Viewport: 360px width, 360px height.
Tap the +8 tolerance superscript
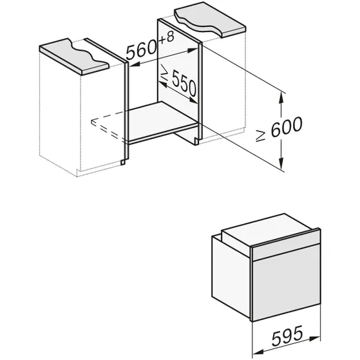click(x=166, y=37)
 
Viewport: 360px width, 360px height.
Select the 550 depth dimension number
click(x=184, y=82)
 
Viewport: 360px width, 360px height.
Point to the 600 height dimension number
click(x=287, y=127)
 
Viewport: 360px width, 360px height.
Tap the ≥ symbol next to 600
click(x=261, y=136)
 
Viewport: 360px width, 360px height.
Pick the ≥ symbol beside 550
click(x=165, y=71)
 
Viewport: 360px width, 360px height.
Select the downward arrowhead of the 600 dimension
click(x=281, y=163)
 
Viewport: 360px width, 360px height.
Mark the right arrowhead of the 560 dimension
click(x=193, y=50)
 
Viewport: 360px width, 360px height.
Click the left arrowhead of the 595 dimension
click(x=258, y=352)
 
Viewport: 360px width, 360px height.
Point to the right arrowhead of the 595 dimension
click(x=314, y=338)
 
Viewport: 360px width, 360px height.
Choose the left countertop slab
click(x=74, y=56)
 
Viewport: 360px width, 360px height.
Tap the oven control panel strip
click(x=287, y=245)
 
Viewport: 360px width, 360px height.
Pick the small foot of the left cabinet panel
click(x=123, y=162)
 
